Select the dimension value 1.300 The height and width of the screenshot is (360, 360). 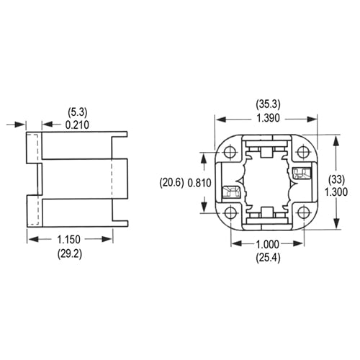pos(336,192)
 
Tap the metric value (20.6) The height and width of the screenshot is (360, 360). pos(172,184)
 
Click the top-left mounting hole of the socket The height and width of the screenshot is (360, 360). pos(230,152)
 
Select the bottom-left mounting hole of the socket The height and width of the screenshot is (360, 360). pos(230,213)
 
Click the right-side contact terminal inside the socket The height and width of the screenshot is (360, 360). pos(300,173)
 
